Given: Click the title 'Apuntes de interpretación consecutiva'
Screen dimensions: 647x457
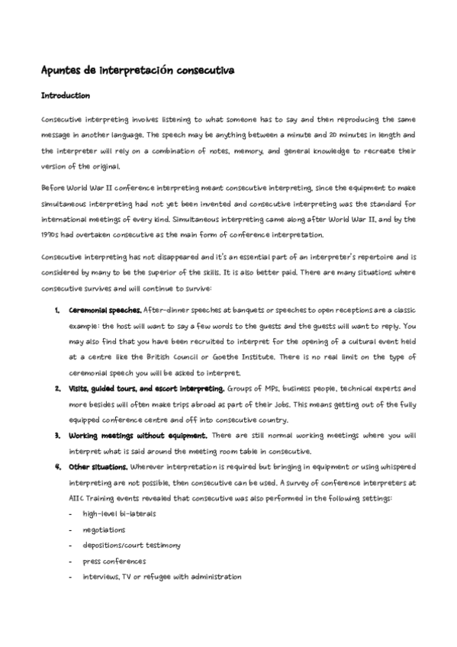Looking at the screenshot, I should coord(137,70).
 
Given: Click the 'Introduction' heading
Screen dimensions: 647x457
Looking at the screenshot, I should coord(66,96).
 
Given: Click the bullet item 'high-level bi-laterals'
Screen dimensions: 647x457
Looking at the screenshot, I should coord(119,513).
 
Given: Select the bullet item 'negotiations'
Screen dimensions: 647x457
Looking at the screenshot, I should coord(105,530).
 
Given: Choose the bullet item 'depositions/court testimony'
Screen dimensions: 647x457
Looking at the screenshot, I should coord(132,545).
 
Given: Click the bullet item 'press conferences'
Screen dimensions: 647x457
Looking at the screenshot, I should coord(114,561).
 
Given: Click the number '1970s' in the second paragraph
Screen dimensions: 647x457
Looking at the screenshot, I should coord(51,234).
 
